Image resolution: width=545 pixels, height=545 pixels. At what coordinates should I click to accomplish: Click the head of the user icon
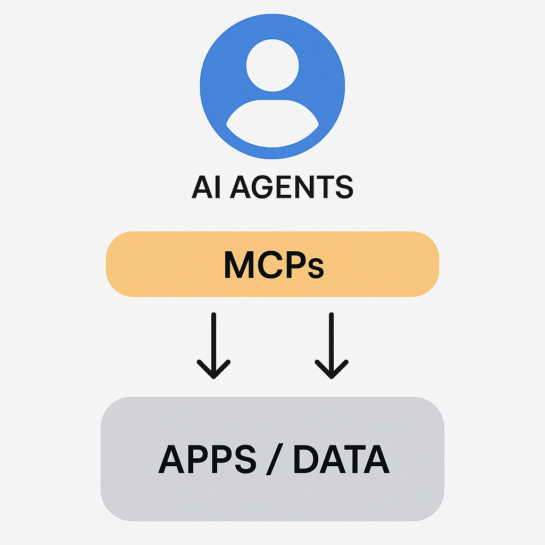point(272,65)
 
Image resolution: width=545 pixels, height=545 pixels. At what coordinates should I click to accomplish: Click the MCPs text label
point(273,264)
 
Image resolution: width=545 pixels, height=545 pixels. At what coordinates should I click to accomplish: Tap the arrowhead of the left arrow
point(213,370)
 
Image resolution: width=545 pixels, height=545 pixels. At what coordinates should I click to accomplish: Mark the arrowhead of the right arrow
point(332,370)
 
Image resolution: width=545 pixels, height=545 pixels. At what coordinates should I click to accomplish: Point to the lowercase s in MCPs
point(315,268)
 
